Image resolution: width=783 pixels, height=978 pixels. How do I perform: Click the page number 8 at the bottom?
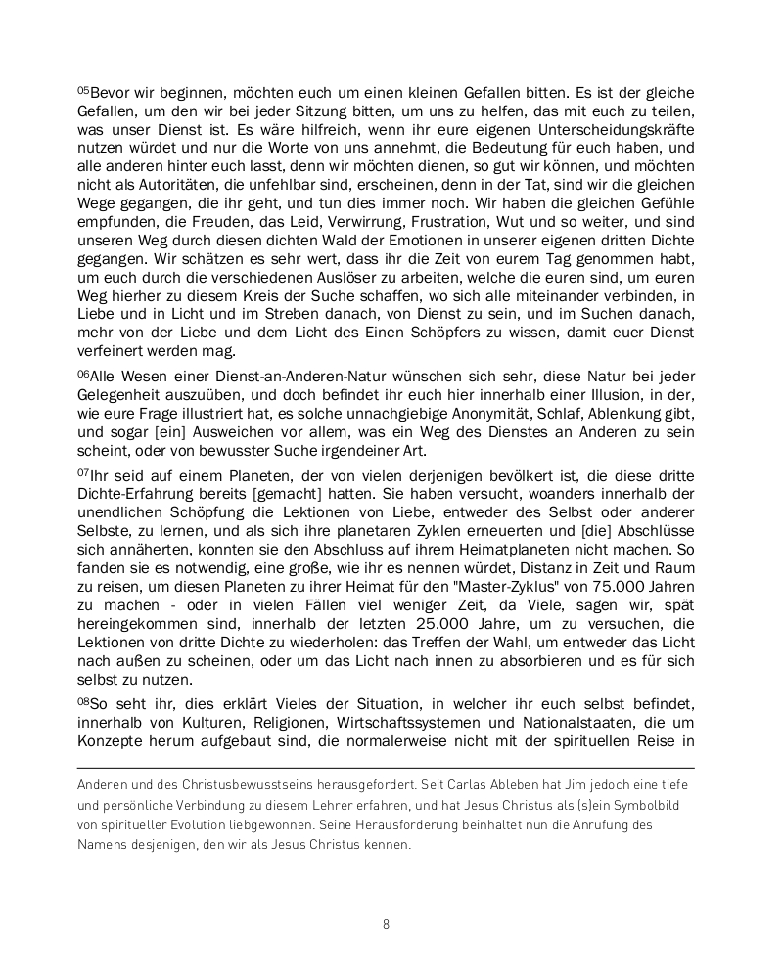tap(387, 924)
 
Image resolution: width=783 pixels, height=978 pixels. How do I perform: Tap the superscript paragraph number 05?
tap(82, 90)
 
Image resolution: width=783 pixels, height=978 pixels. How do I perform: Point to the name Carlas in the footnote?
tap(448, 784)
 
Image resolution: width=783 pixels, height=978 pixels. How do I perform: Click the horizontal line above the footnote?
tap(386, 768)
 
